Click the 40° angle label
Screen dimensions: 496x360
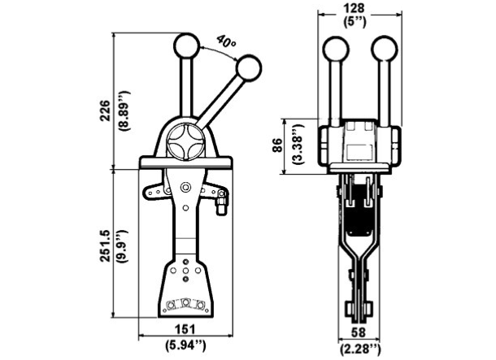[x=226, y=41]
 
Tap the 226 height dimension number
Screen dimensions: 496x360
[x=105, y=111]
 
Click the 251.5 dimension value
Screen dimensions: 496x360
[x=105, y=245]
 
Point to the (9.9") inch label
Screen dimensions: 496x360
[x=123, y=246]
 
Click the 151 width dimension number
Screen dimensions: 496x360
[x=185, y=329]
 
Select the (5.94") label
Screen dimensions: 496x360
[x=185, y=345]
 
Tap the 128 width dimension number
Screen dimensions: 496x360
[x=355, y=8]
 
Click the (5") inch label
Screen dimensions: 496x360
[x=355, y=22]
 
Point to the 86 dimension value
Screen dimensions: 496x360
[x=278, y=145]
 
